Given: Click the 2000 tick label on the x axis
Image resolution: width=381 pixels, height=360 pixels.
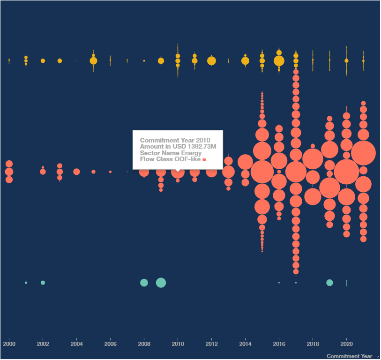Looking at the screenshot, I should (x=9, y=344).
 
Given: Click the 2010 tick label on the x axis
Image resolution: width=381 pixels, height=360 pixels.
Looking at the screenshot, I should (x=178, y=344).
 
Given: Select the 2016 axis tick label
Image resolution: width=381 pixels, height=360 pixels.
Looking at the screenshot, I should (x=279, y=344).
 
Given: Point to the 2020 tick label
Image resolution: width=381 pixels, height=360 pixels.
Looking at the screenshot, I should (x=346, y=344).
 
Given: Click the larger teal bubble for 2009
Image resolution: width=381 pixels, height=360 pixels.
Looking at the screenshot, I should (x=161, y=283).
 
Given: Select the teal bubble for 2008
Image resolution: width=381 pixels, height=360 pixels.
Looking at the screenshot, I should (x=144, y=283).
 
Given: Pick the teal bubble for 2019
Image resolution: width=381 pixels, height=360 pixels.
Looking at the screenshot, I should (x=329, y=283).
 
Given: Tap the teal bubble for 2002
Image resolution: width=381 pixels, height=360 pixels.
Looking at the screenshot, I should (x=43, y=283).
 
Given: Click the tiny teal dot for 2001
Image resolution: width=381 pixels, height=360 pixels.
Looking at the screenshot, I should (x=26, y=283).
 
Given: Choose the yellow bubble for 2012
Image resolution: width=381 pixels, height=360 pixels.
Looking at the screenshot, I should (x=211, y=61).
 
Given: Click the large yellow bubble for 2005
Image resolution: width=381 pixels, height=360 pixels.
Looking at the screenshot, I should (x=93, y=61).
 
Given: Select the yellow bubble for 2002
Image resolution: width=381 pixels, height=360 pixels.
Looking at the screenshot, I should (x=43, y=61).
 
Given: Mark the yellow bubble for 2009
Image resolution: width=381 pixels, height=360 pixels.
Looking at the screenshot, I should (x=161, y=61).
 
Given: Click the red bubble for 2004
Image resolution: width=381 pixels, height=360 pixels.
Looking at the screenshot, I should (x=76, y=172).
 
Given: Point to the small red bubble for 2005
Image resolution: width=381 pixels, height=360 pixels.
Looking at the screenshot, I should (x=93, y=172).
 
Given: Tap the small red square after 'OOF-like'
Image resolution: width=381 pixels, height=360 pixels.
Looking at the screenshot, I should (x=204, y=160).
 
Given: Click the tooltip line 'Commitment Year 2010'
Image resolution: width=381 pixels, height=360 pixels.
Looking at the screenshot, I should (x=175, y=140).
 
